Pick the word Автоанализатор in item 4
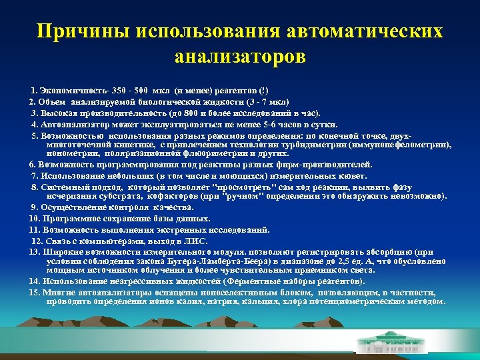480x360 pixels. click(73, 124)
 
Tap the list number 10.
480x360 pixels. click(34, 218)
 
